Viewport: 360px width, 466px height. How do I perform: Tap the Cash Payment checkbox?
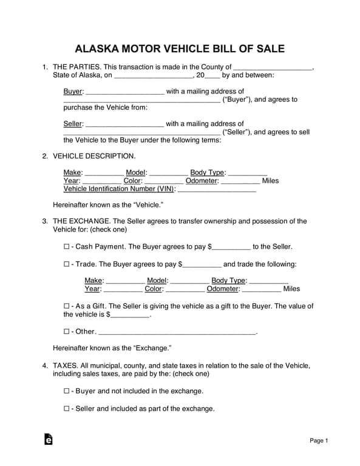[67, 247]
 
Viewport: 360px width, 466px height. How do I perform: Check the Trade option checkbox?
[67, 265]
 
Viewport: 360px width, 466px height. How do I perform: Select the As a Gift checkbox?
[67, 306]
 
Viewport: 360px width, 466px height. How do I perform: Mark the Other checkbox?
[67, 332]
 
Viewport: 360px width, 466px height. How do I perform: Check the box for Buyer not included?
[67, 391]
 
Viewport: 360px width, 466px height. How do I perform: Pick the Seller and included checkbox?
[67, 409]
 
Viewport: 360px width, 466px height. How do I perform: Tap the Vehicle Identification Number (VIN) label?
[119, 189]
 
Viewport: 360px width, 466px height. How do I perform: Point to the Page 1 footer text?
[319, 441]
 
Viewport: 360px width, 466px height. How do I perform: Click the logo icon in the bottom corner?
[49, 440]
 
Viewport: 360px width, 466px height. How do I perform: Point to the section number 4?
[45, 366]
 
